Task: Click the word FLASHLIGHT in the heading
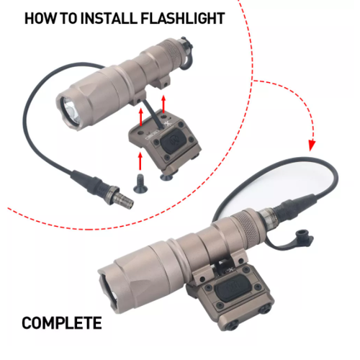[x=183, y=18]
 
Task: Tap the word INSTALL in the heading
[x=108, y=18]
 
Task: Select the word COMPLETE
[x=62, y=323]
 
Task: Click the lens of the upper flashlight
[x=71, y=110]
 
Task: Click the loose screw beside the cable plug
[x=140, y=184]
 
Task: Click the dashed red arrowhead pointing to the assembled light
[x=312, y=145]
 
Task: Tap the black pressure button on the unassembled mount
[x=171, y=140]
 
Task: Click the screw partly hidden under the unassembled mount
[x=166, y=177]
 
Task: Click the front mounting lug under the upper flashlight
[x=139, y=99]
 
